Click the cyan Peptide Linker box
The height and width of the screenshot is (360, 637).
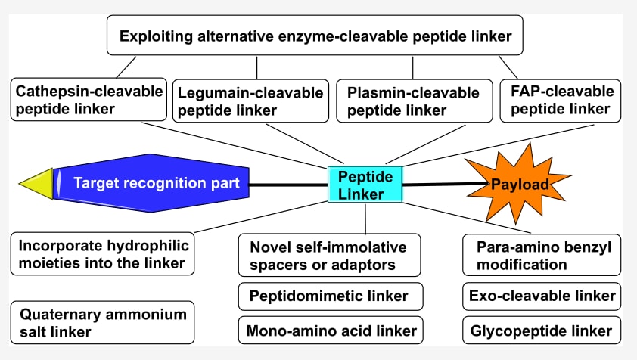click(x=365, y=185)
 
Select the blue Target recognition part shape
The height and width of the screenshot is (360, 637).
click(x=151, y=183)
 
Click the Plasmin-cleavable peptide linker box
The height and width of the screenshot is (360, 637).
click(x=412, y=101)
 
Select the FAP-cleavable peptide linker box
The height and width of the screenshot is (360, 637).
click(x=561, y=100)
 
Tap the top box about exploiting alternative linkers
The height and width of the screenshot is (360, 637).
click(x=315, y=36)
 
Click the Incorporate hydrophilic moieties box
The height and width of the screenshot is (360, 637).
click(x=103, y=254)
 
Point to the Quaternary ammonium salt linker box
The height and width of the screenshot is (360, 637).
click(x=103, y=322)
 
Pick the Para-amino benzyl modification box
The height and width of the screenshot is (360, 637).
click(x=542, y=256)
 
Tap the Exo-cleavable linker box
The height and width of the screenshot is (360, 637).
click(x=542, y=296)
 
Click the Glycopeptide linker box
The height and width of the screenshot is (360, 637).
click(x=542, y=331)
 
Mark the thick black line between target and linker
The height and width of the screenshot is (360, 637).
click(x=287, y=185)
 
